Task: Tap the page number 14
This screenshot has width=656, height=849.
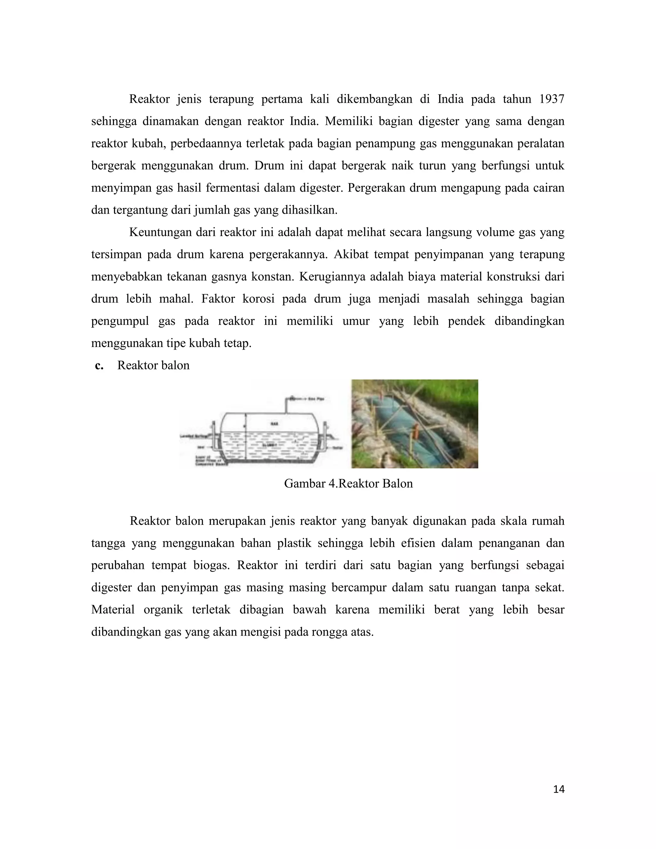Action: point(558,789)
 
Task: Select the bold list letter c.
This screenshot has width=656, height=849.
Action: point(99,366)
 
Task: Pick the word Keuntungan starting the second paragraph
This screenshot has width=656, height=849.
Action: point(160,233)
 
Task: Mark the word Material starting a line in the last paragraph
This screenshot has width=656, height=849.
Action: point(113,610)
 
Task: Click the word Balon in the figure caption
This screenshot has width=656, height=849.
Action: point(397,483)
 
